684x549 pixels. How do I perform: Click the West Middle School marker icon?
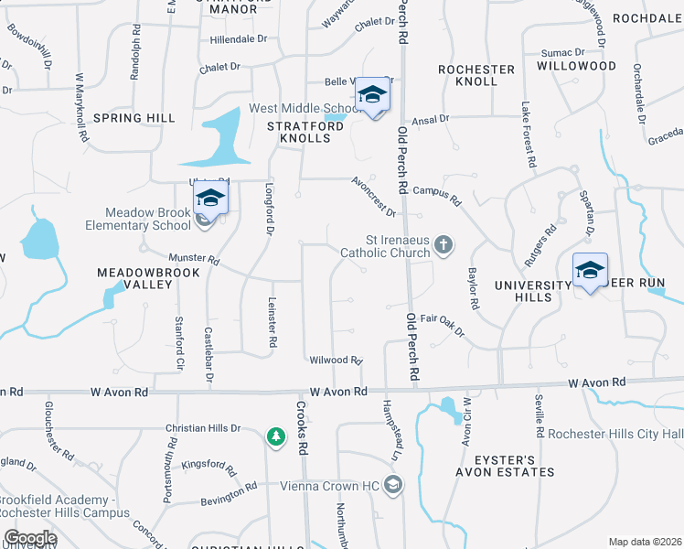(x=371, y=95)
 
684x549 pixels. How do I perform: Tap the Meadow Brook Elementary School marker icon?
(x=209, y=199)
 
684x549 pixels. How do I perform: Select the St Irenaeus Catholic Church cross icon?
(x=444, y=244)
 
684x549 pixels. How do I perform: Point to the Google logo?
(x=29, y=538)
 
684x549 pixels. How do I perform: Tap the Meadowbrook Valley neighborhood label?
(x=135, y=278)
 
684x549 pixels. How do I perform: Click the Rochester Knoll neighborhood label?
(x=476, y=75)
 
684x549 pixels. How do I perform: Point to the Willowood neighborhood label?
(x=576, y=66)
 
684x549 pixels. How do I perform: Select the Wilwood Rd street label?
(x=337, y=361)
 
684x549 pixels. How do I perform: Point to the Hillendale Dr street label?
(x=239, y=39)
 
